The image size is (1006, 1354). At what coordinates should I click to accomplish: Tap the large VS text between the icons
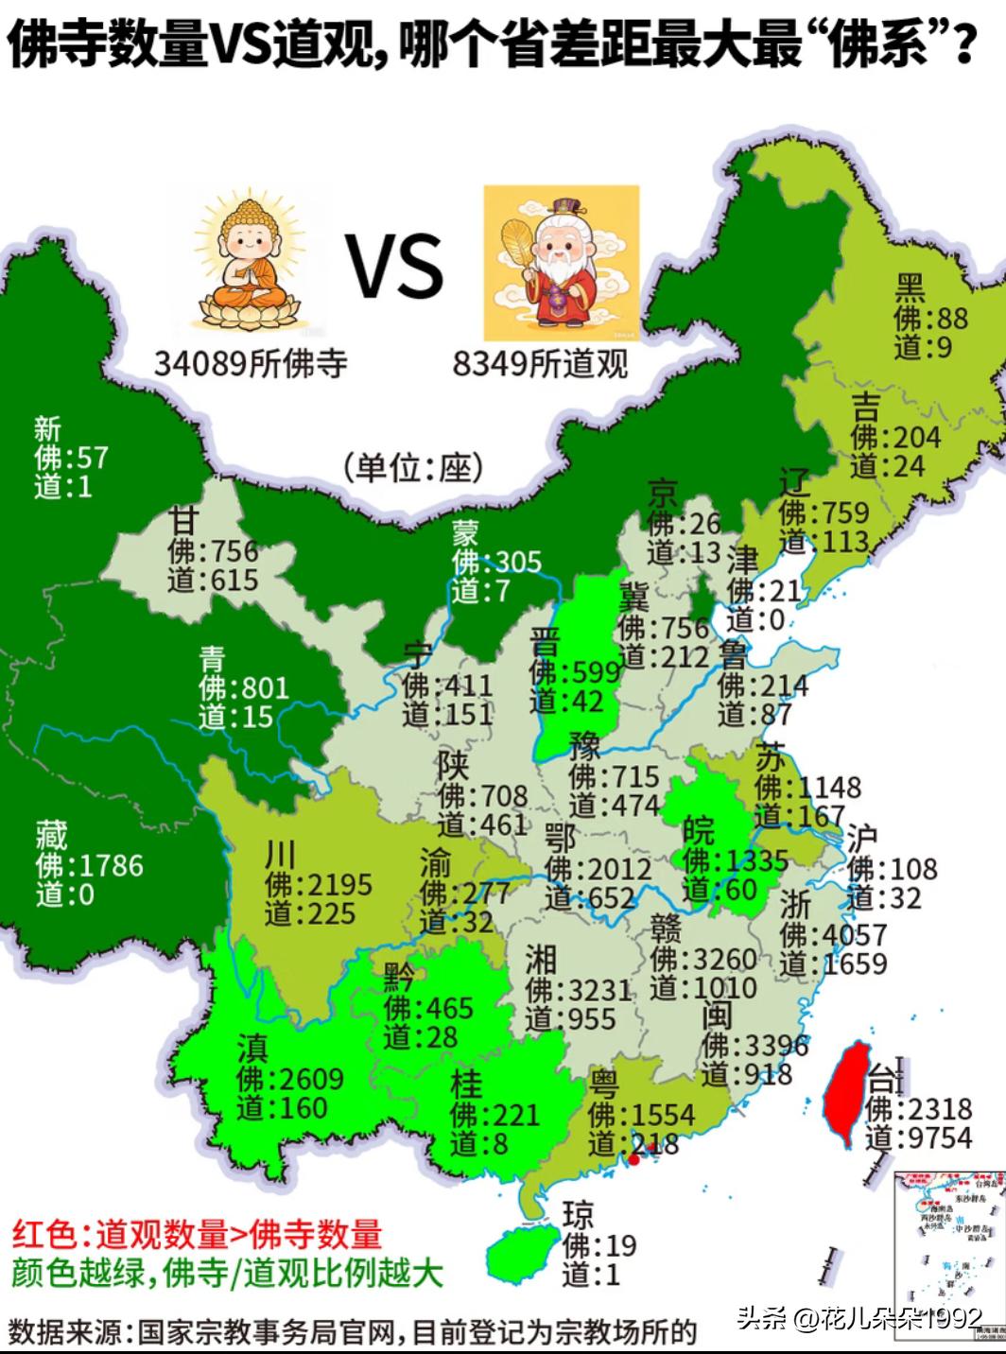pos(395,266)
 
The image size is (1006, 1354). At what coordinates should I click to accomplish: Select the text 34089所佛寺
pos(251,362)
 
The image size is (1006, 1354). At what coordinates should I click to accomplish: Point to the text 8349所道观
pos(540,362)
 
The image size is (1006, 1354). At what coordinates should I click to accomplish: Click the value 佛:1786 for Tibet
pos(89,865)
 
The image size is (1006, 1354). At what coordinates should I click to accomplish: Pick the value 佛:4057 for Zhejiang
pos(834,935)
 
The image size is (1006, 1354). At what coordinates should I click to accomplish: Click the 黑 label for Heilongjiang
pos(911,287)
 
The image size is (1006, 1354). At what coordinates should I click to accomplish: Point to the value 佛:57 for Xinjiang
pos(72,459)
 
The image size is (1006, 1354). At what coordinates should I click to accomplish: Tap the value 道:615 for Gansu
pos(214,579)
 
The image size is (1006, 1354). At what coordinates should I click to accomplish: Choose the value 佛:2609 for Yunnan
pos(290,1079)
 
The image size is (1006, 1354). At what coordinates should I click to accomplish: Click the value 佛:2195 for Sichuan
pos(319,885)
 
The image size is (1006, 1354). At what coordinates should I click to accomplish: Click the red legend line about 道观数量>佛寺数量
pos(197,1234)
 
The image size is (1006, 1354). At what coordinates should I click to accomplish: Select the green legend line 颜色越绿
pos(227,1273)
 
